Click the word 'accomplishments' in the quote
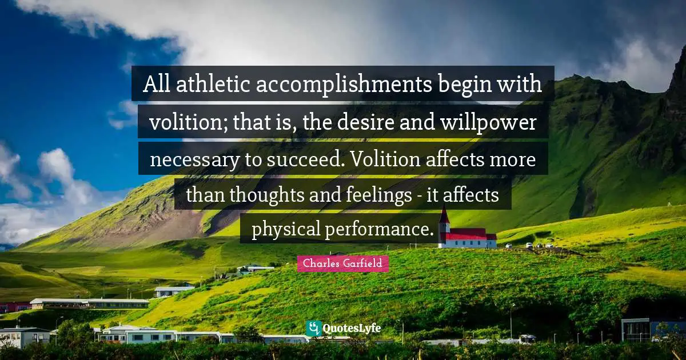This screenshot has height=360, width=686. [x=344, y=85]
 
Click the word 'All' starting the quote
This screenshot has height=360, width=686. [x=155, y=85]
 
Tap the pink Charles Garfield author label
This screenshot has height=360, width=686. [x=343, y=263]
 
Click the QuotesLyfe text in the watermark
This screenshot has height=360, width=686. [x=352, y=329]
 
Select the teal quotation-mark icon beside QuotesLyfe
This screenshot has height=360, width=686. [x=313, y=328]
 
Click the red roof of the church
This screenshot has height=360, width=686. [x=466, y=233]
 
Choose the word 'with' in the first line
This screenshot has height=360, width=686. [x=523, y=85]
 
